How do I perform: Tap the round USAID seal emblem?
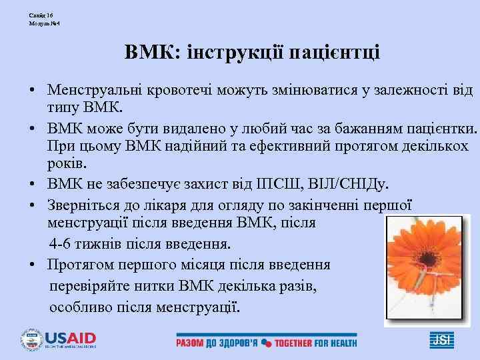pos(31,339)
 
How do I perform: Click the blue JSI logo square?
pos(441,340)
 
